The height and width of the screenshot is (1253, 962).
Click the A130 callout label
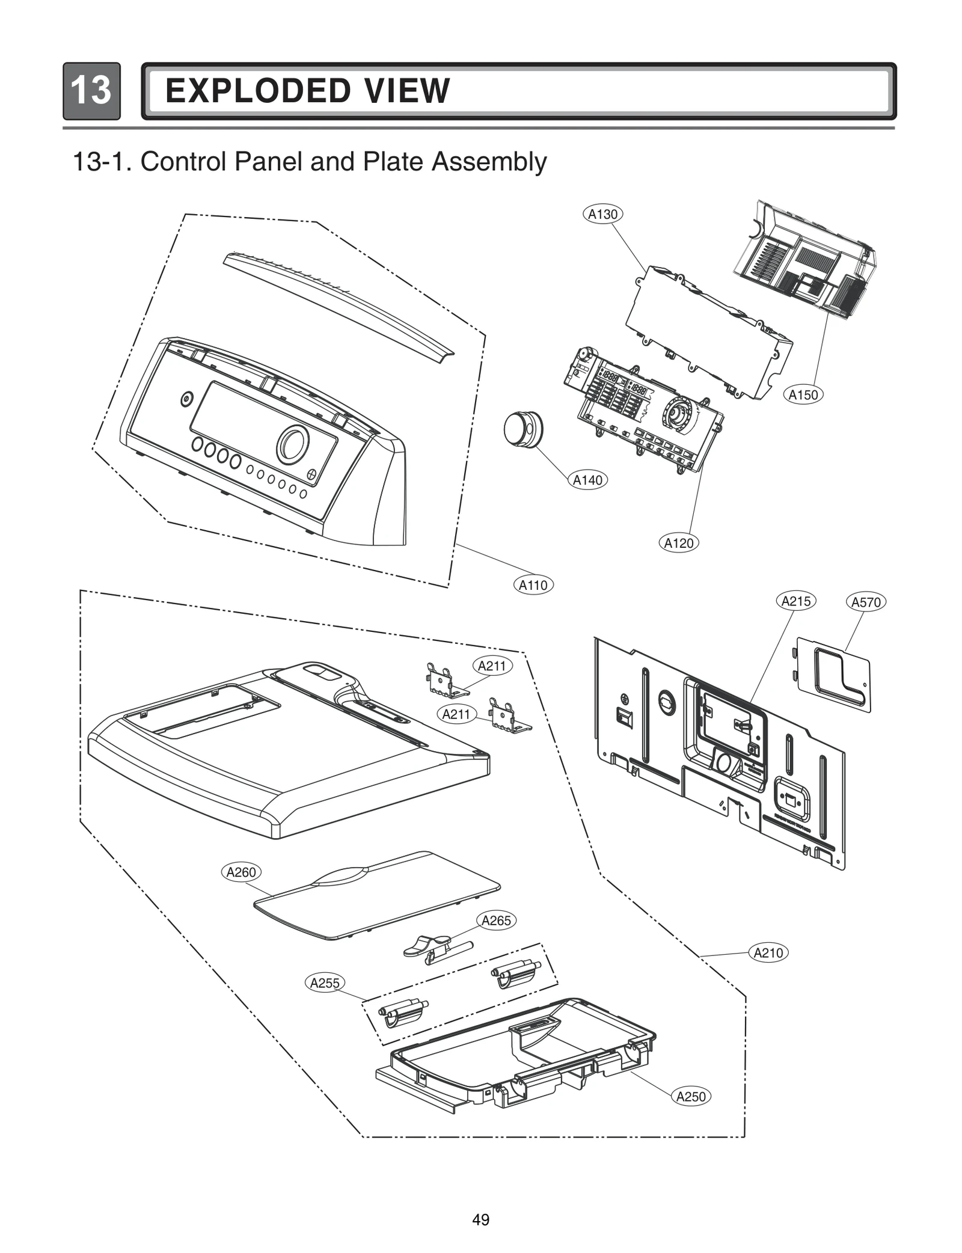pyautogui.click(x=602, y=214)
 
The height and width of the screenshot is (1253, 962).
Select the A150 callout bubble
pyautogui.click(x=803, y=395)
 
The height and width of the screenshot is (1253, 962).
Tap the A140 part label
pyautogui.click(x=587, y=480)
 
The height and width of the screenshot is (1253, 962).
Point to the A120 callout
pyautogui.click(x=678, y=543)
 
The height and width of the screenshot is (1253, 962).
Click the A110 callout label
pyautogui.click(x=533, y=585)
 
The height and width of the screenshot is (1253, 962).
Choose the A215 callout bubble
pyautogui.click(x=796, y=601)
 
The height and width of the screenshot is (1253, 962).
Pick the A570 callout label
pyautogui.click(x=866, y=602)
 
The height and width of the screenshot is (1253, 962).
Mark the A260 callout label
pyautogui.click(x=240, y=872)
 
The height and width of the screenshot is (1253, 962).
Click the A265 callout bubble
pyautogui.click(x=496, y=921)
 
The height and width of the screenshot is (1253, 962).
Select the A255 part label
pyautogui.click(x=324, y=983)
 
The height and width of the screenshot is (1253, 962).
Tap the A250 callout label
pyautogui.click(x=690, y=1097)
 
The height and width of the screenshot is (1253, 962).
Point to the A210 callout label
pyautogui.click(x=768, y=953)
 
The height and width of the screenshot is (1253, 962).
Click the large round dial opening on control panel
pyautogui.click(x=293, y=444)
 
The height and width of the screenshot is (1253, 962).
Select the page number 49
pyautogui.click(x=480, y=1220)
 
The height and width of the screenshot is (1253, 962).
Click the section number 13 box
pyautogui.click(x=91, y=91)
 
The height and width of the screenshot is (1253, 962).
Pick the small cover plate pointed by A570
pyautogui.click(x=833, y=675)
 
